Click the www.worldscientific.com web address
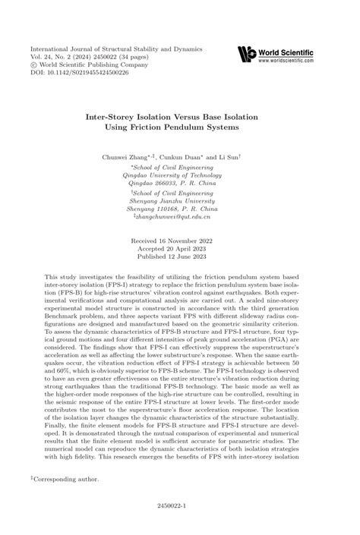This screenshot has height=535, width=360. point(286,60)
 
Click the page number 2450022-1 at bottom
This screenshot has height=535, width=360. point(179,524)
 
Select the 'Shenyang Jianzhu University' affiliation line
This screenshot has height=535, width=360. point(180,200)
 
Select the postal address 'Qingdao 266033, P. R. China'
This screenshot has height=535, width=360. point(180,183)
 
